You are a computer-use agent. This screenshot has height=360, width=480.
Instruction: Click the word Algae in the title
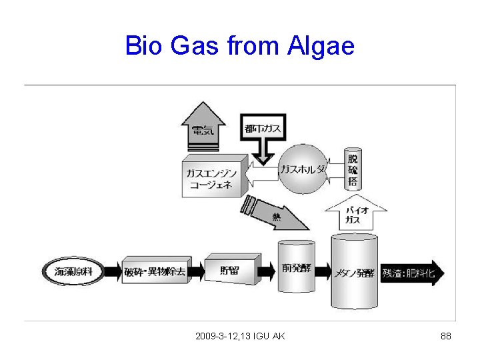click(x=321, y=47)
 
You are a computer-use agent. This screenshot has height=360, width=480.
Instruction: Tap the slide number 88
click(x=446, y=336)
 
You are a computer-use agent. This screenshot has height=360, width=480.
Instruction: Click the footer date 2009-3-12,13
click(x=223, y=336)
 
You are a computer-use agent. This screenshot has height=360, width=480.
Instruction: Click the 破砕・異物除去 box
click(x=155, y=271)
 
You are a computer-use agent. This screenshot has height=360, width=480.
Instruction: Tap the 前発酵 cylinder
click(x=296, y=267)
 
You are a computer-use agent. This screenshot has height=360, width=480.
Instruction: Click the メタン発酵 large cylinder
click(x=354, y=271)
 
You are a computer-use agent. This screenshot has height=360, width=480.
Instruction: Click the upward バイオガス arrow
click(x=354, y=214)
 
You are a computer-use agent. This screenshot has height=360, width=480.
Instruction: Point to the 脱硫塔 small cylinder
click(x=353, y=170)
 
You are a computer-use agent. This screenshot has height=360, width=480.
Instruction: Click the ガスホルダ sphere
click(x=304, y=169)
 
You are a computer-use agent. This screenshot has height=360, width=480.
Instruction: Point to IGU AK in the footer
click(x=269, y=336)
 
